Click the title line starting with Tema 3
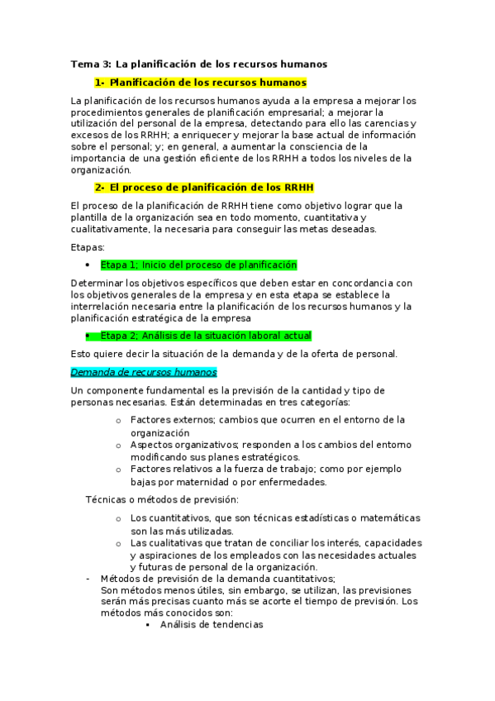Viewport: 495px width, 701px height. pos(199,64)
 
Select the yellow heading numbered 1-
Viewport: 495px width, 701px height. pos(201,83)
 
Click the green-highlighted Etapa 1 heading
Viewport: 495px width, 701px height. pos(198,265)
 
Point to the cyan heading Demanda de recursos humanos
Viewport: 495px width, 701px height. pos(144,373)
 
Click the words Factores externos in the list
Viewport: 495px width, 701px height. pos(170,420)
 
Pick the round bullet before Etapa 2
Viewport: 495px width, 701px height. pos(88,336)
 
